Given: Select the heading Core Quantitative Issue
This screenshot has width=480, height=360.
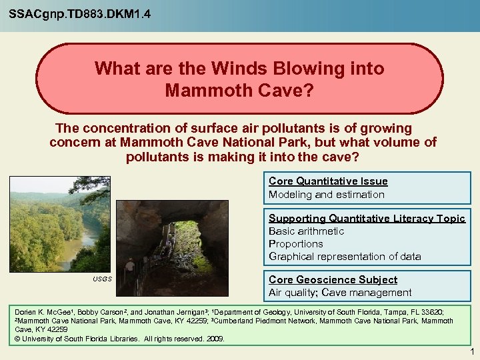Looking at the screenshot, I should [x=327, y=181].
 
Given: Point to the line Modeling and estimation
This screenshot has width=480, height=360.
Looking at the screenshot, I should [x=326, y=195].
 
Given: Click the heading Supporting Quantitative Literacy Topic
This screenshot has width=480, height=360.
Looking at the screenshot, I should [x=366, y=219].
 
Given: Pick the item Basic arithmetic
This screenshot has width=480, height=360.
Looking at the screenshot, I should [x=306, y=231].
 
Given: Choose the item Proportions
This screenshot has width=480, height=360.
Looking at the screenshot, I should [x=295, y=244].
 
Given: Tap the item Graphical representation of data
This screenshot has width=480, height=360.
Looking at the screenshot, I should [x=345, y=257].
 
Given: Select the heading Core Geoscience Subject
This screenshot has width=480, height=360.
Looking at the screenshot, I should [x=333, y=280].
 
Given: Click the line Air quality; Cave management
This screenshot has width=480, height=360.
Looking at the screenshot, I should [x=340, y=293].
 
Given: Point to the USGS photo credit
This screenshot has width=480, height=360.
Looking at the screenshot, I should [x=102, y=279].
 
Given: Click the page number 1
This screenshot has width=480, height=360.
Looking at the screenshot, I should [x=471, y=351].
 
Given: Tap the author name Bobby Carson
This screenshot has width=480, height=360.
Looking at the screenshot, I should [x=101, y=312].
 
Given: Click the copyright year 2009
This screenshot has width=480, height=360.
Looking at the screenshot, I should [x=214, y=338].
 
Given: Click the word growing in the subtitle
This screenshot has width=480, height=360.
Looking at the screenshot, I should [x=387, y=128].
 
